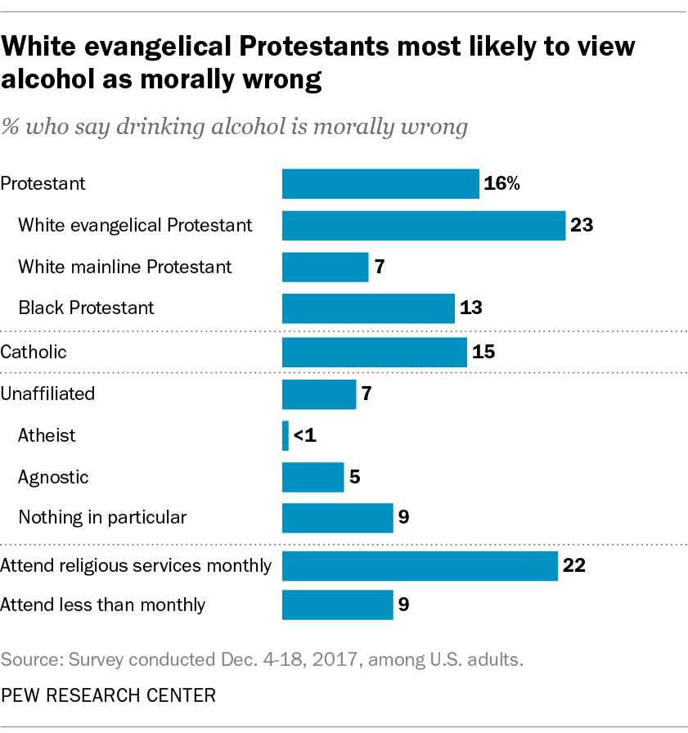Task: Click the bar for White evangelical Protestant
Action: (x=424, y=225)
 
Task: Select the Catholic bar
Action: (x=375, y=353)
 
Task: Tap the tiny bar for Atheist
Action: (x=286, y=435)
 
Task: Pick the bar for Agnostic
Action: (x=313, y=477)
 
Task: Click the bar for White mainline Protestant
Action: (x=325, y=267)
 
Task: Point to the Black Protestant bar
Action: (x=368, y=308)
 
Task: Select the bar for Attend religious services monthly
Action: (x=420, y=565)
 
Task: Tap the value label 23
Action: (x=582, y=225)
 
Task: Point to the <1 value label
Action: (x=304, y=435)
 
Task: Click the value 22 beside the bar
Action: (x=574, y=565)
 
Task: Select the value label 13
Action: (x=470, y=308)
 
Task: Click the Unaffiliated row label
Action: (x=47, y=393)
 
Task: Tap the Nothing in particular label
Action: (x=102, y=517)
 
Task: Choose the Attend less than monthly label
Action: (x=103, y=605)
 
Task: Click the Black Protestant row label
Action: (x=86, y=308)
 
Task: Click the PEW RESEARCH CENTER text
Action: (x=108, y=695)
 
